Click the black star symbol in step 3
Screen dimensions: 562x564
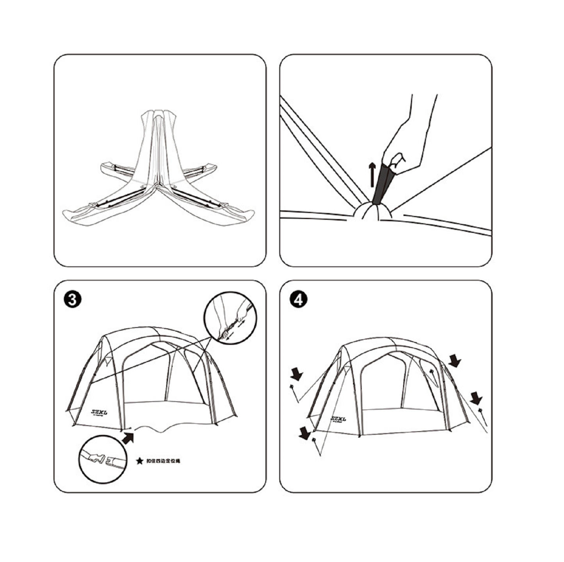[x=139, y=461]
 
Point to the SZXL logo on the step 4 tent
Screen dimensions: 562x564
[x=339, y=419]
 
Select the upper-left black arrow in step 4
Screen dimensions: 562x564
[x=297, y=374]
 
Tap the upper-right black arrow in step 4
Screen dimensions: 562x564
[x=454, y=361]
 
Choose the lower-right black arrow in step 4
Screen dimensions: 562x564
[x=476, y=398]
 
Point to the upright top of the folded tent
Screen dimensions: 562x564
[x=158, y=117]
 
